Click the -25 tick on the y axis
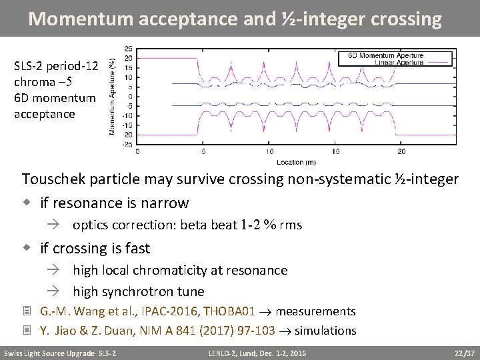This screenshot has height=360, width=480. click(127, 143)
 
